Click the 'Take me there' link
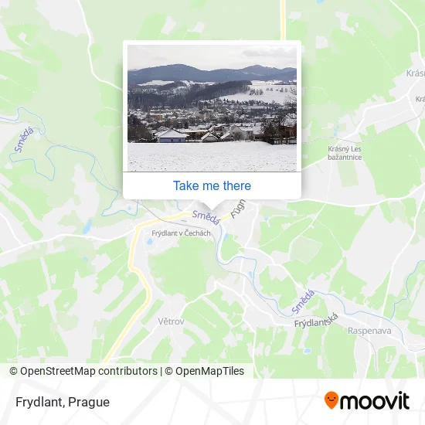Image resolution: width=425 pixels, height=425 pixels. (212, 185)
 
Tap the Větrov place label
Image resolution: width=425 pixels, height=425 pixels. (171, 321)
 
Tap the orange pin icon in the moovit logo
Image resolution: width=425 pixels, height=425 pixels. (331, 400)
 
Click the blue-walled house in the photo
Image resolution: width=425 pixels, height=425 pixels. (172, 134)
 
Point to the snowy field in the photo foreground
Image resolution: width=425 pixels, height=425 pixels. (212, 158)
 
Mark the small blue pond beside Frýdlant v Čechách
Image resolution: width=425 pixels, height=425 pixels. (149, 242)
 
